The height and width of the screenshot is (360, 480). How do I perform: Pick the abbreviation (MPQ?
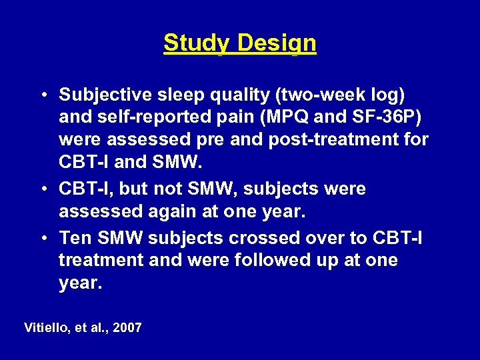tap(288, 118)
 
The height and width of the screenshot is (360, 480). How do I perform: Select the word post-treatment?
tap(325, 141)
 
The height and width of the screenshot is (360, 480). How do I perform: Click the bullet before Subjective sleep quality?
tap(42, 95)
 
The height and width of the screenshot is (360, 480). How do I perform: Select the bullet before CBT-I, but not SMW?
tap(42, 189)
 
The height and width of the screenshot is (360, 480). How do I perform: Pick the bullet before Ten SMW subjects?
tap(42, 237)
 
